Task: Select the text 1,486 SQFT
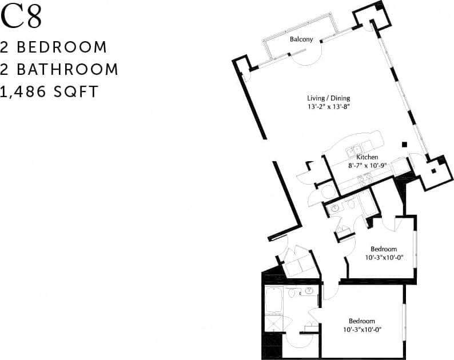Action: coord(49,91)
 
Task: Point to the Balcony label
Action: coord(301,39)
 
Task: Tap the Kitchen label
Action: coord(367,157)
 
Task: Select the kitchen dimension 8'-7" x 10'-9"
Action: coord(368,166)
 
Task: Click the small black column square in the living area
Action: coord(404,145)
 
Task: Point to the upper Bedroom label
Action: coord(384,249)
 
